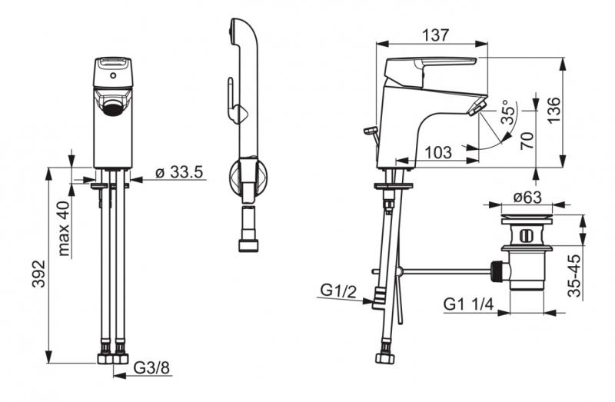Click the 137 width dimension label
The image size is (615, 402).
click(435, 35)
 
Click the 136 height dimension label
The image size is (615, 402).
click(554, 110)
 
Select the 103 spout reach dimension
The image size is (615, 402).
click(438, 151)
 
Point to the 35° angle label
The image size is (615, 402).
click(508, 111)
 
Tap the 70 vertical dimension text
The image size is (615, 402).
click(527, 141)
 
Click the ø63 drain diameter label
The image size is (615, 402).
click(528, 198)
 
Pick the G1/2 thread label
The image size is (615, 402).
click(338, 291)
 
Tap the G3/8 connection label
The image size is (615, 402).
click(151, 367)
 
